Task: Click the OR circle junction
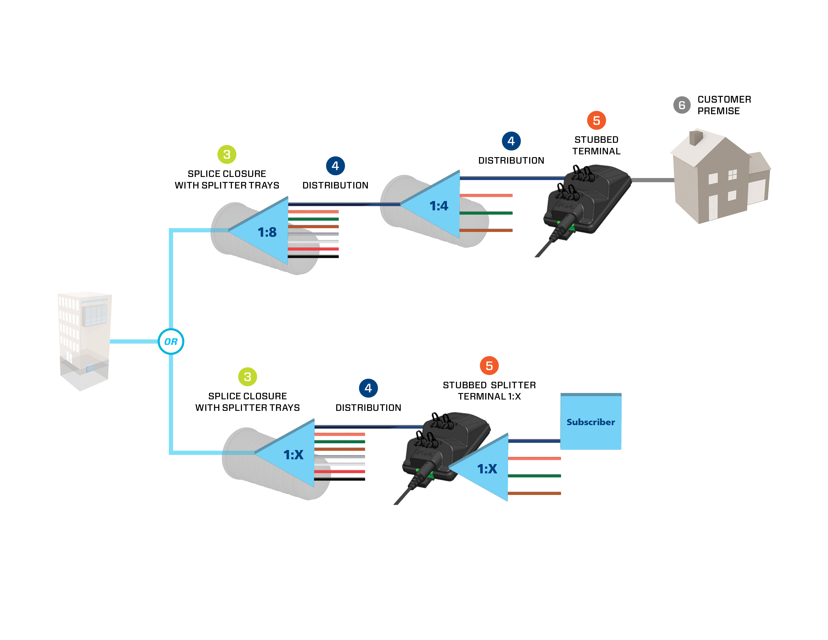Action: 171,342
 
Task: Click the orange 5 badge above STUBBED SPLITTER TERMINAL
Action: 489,365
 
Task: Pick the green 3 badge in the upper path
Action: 227,154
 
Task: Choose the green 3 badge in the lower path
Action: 247,376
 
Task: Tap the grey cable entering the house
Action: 652,180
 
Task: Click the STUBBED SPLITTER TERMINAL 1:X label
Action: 489,391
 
